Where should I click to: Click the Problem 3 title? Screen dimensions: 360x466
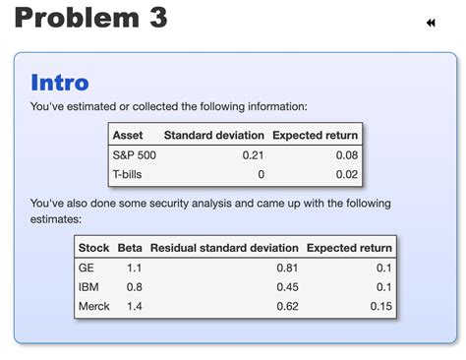(x=90, y=18)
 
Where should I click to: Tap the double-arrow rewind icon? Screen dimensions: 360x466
(x=431, y=23)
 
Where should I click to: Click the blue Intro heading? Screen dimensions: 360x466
(x=60, y=83)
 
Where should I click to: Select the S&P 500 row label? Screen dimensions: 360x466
(x=135, y=154)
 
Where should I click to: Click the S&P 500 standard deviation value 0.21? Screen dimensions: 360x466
(x=253, y=154)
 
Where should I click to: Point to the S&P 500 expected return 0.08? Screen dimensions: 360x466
(x=346, y=154)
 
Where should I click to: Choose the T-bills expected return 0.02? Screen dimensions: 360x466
(x=346, y=174)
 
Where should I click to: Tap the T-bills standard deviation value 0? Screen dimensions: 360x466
(x=261, y=174)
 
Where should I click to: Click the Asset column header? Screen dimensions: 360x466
(x=129, y=135)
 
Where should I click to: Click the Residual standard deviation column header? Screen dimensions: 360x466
(x=224, y=247)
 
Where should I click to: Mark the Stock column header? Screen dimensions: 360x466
(x=93, y=247)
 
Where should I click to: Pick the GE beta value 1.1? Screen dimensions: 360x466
(x=135, y=267)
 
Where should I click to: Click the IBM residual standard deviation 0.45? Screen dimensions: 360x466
(x=287, y=287)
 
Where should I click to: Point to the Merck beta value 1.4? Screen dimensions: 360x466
(x=135, y=307)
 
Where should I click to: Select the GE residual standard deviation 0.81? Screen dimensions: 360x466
(x=287, y=267)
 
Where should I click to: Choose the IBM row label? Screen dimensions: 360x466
(x=88, y=287)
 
